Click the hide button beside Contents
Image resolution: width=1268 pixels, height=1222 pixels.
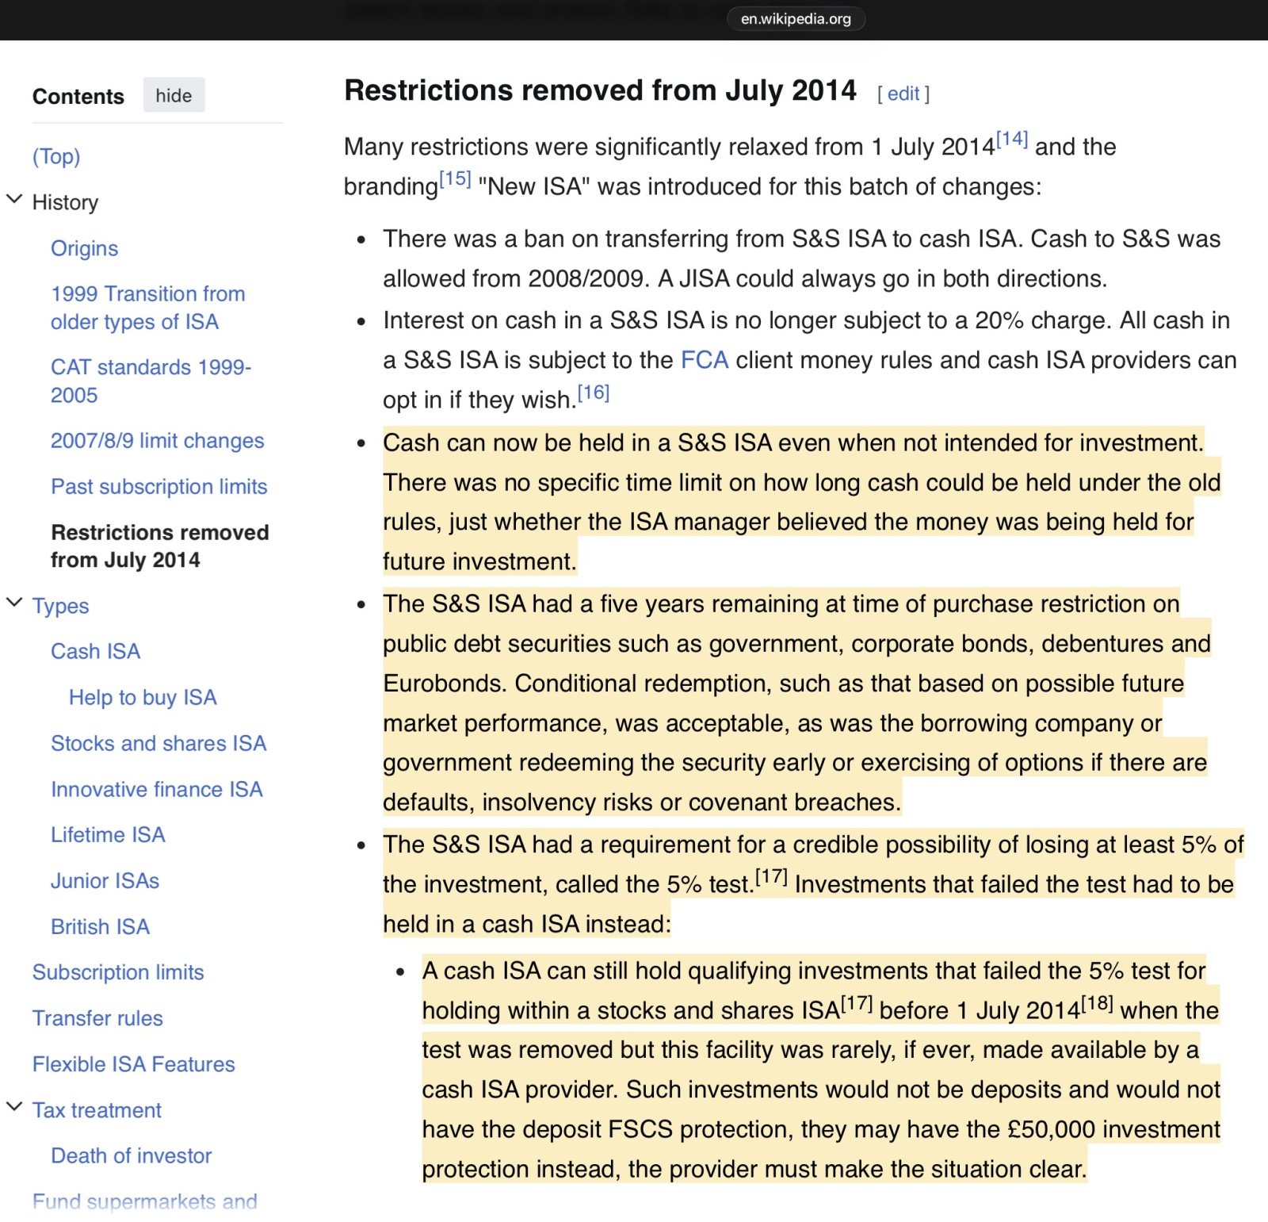point(174,95)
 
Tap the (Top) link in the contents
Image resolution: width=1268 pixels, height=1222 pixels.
point(56,156)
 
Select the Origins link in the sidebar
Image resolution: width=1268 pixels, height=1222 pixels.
point(84,248)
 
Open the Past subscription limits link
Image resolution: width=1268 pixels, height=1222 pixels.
point(158,486)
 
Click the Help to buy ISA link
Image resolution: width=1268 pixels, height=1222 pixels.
point(143,697)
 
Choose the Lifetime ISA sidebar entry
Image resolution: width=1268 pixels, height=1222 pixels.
point(108,834)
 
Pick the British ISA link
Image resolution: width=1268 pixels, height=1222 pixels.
point(100,926)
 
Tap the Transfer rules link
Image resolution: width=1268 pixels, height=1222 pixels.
point(97,1018)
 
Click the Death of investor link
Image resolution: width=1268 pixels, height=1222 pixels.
point(131,1155)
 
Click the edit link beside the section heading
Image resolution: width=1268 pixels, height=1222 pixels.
point(903,94)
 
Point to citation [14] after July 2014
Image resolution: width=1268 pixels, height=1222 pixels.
point(1012,140)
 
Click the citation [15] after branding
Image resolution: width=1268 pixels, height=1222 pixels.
point(455,179)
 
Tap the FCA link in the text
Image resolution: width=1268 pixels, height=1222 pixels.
point(705,360)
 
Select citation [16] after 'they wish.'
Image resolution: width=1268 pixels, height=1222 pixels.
point(593,393)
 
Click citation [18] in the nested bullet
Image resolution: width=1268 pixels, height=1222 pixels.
point(1097,1003)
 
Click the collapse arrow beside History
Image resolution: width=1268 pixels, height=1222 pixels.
point(14,199)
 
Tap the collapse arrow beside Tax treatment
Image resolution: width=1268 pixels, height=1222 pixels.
point(14,1107)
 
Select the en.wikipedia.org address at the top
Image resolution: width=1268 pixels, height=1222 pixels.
point(795,19)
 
